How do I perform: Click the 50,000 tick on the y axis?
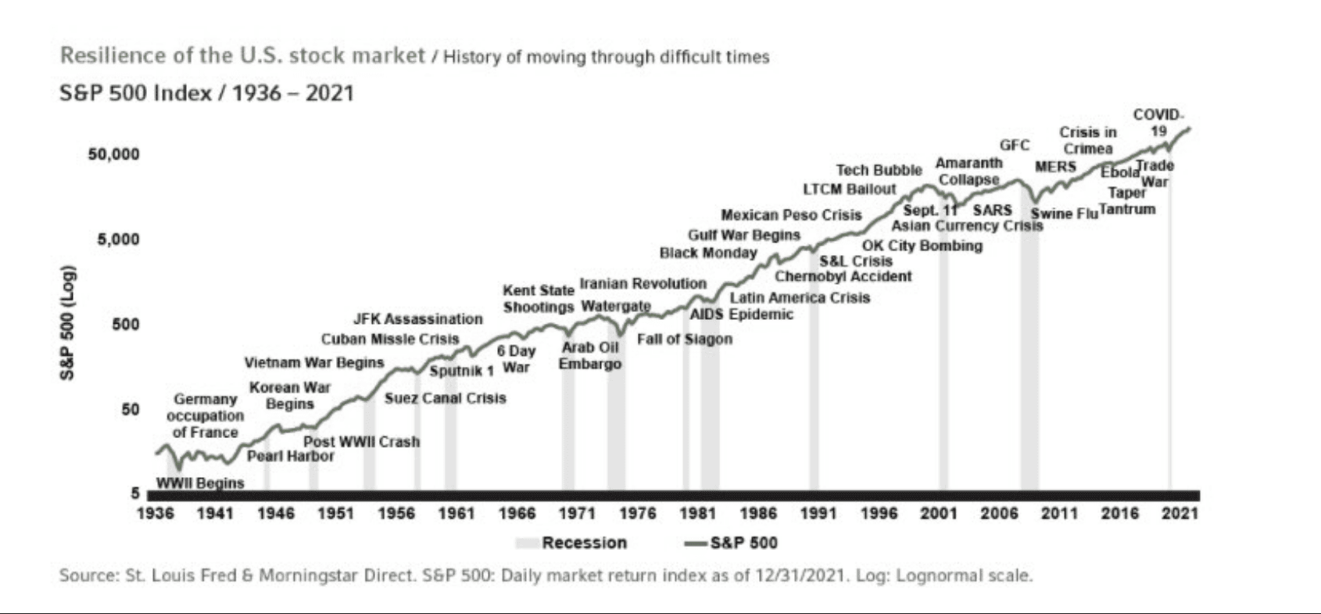coord(113,154)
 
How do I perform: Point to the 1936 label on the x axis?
coord(156,513)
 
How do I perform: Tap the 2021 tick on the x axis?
coord(1180,513)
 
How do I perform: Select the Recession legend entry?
coord(583,543)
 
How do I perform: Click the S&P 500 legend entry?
coord(743,543)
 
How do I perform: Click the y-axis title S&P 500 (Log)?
coord(69,324)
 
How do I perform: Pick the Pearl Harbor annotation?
coord(291,456)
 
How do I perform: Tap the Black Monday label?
coord(708,253)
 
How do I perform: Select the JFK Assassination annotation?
coord(417,319)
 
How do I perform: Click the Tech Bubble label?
coord(879,170)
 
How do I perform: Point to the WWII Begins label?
coord(200,483)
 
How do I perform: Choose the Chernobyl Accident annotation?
coord(843,276)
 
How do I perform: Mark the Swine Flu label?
coord(1064,214)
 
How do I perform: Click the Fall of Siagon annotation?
coord(685,339)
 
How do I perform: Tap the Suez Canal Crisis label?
coord(445,398)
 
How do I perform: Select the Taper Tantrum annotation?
coord(1126,201)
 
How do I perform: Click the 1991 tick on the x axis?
coord(818,513)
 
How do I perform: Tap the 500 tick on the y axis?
coord(125,324)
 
